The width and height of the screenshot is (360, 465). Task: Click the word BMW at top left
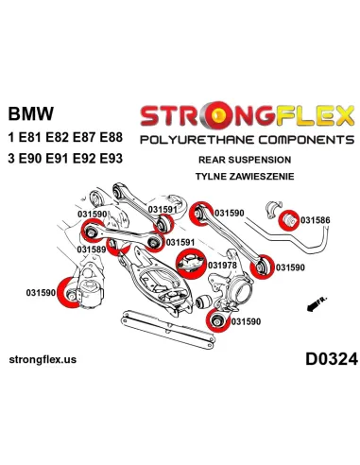(x=30, y=113)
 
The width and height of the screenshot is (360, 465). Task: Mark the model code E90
(x=35, y=156)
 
